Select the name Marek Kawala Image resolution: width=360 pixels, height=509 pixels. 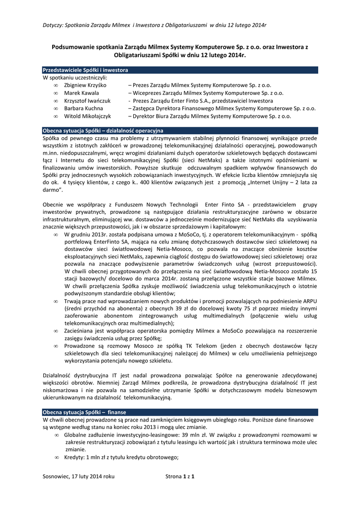(82, 93)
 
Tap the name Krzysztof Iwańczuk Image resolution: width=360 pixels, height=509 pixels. (87, 101)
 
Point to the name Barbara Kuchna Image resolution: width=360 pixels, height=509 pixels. (84, 108)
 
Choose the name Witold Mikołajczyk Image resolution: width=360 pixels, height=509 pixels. (87, 116)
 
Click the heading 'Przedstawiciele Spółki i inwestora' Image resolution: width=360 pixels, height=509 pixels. (86, 71)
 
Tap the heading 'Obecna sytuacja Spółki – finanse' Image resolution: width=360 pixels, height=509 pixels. (85, 413)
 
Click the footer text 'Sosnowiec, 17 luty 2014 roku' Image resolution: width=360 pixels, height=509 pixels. (79, 477)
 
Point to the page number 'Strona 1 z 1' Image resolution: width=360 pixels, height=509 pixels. (180, 477)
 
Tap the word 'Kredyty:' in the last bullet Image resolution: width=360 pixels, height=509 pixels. (76, 458)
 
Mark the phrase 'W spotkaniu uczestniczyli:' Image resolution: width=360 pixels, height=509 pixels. (75, 78)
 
